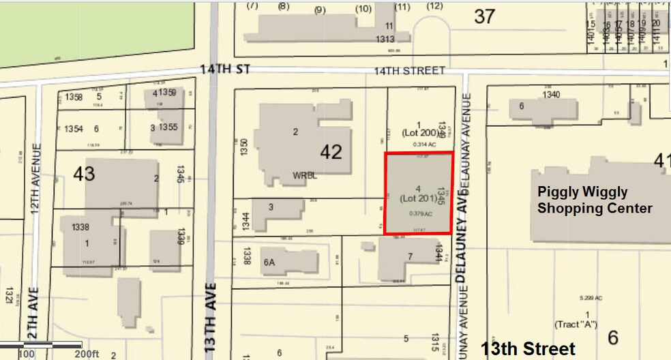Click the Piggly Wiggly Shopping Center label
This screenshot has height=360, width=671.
[x=595, y=200]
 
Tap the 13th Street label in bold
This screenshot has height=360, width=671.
[x=528, y=348]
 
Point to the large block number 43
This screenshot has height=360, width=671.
[x=84, y=174]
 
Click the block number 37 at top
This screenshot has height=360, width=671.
[x=484, y=16]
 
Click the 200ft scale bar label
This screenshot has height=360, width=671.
[x=87, y=354]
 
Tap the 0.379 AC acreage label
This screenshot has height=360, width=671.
[x=421, y=213]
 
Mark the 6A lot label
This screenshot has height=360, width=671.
[x=269, y=261]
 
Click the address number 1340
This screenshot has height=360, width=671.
[x=551, y=95]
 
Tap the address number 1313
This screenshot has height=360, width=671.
[x=385, y=39]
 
